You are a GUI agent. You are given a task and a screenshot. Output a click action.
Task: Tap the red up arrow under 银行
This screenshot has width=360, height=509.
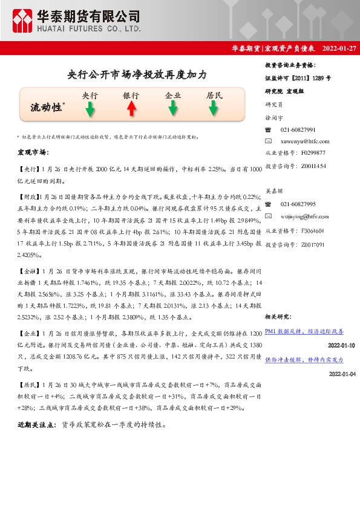pyautogui.click(x=131, y=109)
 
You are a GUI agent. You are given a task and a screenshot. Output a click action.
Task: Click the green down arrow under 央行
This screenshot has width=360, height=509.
pyautogui.click(x=90, y=109)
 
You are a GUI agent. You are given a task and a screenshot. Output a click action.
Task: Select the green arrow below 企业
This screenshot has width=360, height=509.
pyautogui.click(x=173, y=109)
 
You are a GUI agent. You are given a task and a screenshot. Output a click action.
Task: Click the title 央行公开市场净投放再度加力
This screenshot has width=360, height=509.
pyautogui.click(x=137, y=75)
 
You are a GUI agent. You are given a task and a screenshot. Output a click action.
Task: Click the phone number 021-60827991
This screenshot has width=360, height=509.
pyautogui.click(x=298, y=130)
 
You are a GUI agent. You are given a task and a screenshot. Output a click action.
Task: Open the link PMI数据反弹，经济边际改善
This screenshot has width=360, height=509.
pyautogui.click(x=304, y=331)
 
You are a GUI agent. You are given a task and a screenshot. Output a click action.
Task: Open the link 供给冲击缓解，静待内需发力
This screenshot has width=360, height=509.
pyautogui.click(x=304, y=359)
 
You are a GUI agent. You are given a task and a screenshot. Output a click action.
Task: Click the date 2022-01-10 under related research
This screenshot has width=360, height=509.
pyautogui.click(x=342, y=345)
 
